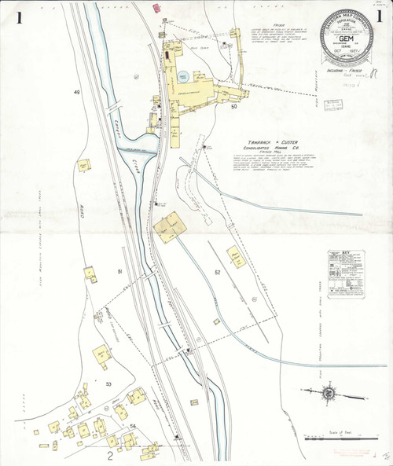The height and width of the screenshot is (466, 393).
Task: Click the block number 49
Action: pyautogui.click(x=77, y=93)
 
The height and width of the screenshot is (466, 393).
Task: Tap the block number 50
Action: pyautogui.click(x=233, y=117)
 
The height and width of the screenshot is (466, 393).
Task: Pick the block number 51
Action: pyautogui.click(x=120, y=271)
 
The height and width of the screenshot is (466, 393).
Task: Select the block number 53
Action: pyautogui.click(x=108, y=384)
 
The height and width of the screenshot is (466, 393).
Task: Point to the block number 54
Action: pyautogui.click(x=134, y=426)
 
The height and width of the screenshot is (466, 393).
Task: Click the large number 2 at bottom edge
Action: pyautogui.click(x=111, y=455)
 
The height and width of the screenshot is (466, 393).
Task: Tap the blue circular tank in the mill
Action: pyautogui.click(x=183, y=76)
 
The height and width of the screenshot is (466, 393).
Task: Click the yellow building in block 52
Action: pyautogui.click(x=234, y=255)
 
